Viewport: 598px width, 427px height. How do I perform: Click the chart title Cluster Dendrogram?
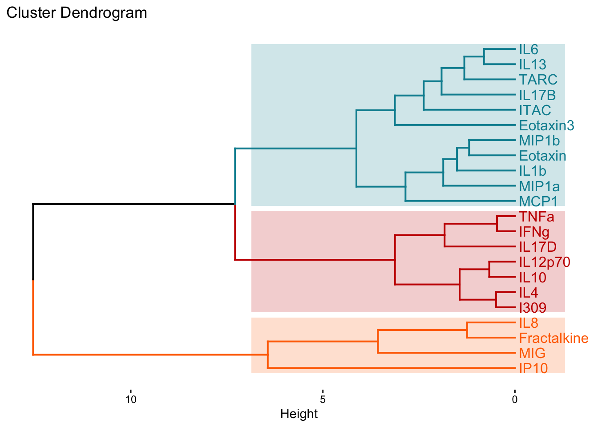(77, 13)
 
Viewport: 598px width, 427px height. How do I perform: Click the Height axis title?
(299, 414)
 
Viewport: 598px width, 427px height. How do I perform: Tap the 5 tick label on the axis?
(323, 399)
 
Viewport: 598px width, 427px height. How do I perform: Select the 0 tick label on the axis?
(514, 399)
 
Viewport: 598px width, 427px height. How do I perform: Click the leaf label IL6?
(529, 49)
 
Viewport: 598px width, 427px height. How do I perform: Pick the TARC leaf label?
(538, 80)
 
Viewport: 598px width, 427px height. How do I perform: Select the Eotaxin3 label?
(546, 125)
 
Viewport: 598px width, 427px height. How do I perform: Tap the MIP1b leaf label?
(539, 141)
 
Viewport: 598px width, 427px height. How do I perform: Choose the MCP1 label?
(538, 201)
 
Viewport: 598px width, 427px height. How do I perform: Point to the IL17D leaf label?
(537, 247)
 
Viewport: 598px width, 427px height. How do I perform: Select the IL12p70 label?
(544, 262)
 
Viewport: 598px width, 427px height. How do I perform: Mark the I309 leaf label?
(533, 307)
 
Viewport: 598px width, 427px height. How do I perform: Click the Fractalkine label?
(554, 338)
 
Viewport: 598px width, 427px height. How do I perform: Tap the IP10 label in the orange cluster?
(533, 368)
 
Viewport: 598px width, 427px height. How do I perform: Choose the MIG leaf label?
(532, 353)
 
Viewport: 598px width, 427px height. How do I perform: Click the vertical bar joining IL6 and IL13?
(484, 57)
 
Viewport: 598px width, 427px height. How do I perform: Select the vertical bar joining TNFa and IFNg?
(497, 224)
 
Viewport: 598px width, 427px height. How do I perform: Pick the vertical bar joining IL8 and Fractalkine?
(467, 330)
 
